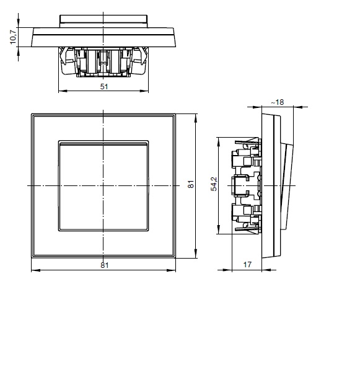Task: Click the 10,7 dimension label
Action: point(13,36)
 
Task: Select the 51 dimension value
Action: point(104,86)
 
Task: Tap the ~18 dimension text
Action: point(278,102)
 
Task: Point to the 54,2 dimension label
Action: point(214,184)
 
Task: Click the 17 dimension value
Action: point(247,265)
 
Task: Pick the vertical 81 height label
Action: point(191,184)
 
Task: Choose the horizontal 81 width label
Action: point(105,265)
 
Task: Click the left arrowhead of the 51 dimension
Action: point(63,91)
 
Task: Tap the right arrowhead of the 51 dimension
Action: point(144,91)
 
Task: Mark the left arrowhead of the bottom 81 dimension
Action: point(36,270)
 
